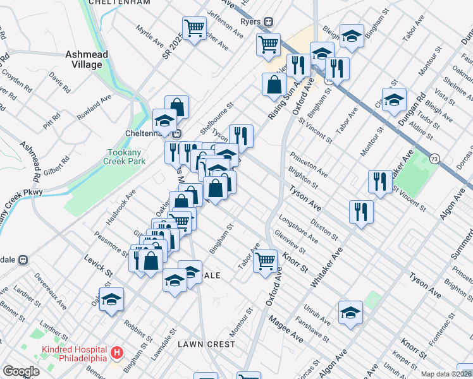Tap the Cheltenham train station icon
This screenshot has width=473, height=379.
pos(178,133)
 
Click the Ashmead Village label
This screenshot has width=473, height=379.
pos(83,59)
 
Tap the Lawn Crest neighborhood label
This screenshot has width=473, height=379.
pos(206,344)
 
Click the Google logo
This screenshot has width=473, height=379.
pos(21,371)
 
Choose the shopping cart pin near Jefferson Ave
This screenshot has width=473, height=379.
pos(194,28)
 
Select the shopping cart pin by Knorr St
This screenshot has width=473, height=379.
pos(266,260)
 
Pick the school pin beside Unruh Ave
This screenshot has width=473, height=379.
pos(350,313)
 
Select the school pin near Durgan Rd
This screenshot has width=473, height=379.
pos(394,99)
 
